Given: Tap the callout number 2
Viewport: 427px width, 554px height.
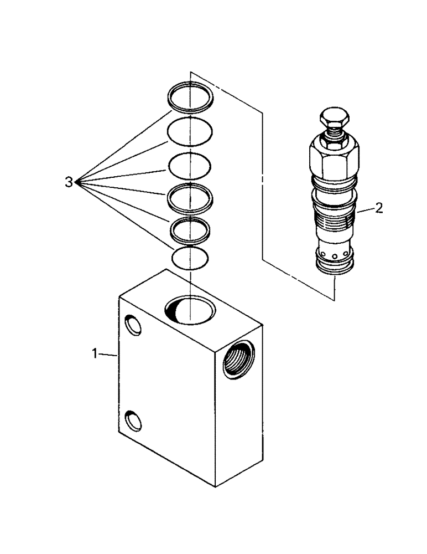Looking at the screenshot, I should coord(378,208).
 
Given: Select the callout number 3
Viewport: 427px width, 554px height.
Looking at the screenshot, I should coord(69,182).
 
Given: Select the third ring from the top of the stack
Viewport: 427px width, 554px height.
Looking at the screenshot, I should coord(190,165).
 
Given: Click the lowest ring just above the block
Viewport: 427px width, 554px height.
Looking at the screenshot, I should coord(190,258).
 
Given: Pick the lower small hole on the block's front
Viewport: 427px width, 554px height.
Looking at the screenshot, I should coord(133,421).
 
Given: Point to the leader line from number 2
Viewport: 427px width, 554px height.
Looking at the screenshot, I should coord(365,211).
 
